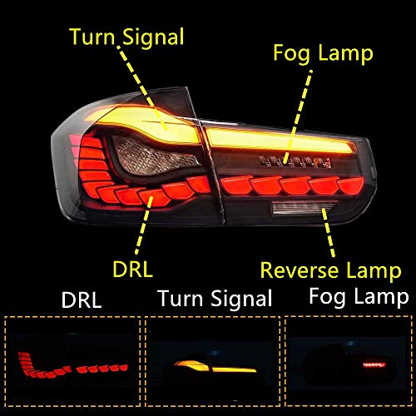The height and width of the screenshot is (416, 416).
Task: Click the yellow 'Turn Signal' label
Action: click(127, 37)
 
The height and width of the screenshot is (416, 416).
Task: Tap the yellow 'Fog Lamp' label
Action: click(323, 54)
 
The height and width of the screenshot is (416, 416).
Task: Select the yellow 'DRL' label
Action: click(133, 269)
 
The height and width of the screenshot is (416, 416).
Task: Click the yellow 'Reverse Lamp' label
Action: click(331, 270)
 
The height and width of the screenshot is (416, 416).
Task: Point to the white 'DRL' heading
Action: click(82, 300)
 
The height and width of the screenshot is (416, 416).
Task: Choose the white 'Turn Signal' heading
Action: click(215, 298)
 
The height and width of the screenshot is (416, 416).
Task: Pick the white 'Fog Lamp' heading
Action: click(359, 297)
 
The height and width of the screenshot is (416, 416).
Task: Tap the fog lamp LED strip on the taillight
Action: click(295, 161)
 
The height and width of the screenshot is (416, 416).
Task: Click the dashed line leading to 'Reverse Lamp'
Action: click(329, 232)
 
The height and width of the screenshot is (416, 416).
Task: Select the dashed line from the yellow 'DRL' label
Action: click(144, 225)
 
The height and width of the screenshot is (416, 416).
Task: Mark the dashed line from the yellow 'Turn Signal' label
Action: click(142, 88)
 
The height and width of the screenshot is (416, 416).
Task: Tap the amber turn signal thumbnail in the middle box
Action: click(215, 367)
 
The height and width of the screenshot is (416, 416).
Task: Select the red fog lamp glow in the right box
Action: click(374, 364)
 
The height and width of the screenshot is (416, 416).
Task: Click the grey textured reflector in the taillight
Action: click(156, 156)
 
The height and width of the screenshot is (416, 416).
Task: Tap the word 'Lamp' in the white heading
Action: click(381, 298)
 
